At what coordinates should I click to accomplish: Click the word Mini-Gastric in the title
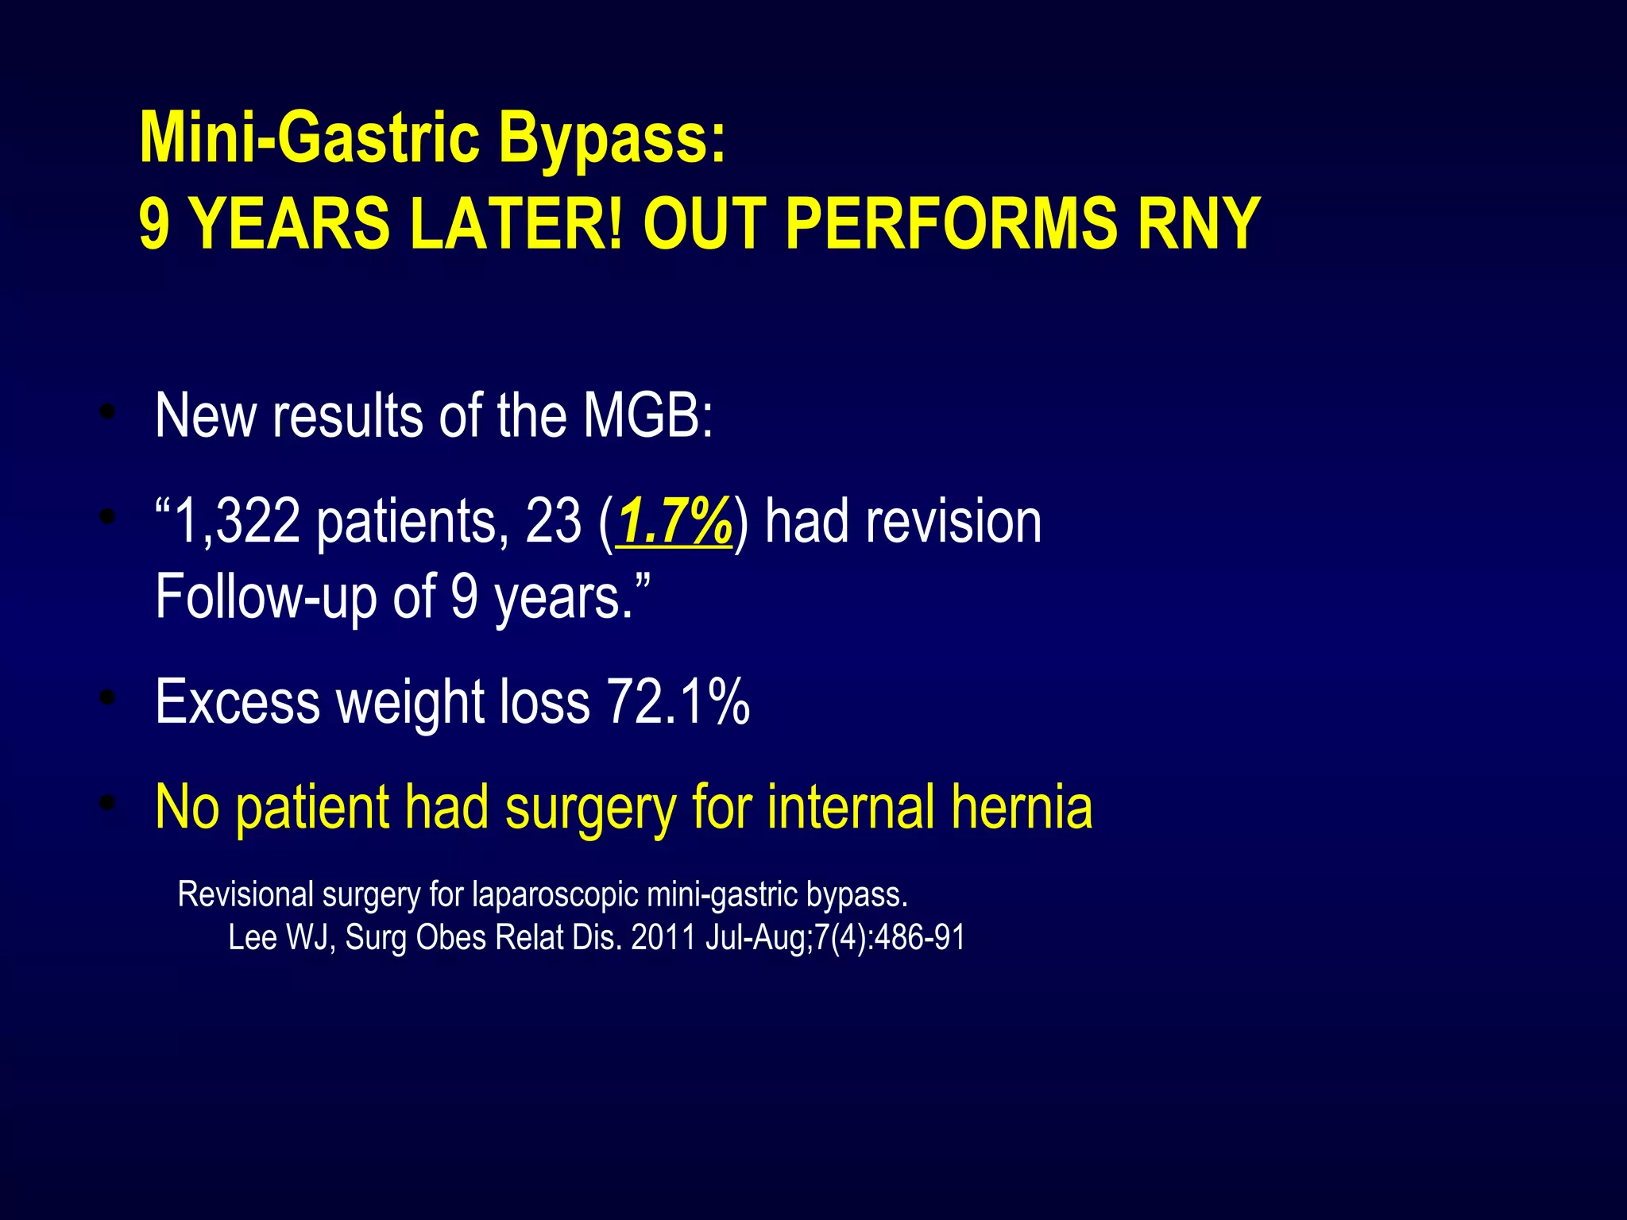pos(310,139)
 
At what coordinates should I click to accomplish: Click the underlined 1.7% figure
pos(674,523)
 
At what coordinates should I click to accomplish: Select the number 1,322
pos(237,523)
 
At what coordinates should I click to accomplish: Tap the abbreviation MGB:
pos(648,415)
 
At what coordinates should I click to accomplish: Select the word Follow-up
pos(265,597)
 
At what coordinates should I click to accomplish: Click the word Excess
pos(238,702)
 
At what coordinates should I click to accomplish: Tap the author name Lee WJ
pos(275,938)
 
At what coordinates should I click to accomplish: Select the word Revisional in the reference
pos(245,894)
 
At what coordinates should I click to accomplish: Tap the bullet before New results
pos(108,412)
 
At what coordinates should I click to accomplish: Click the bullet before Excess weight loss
pos(108,699)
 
